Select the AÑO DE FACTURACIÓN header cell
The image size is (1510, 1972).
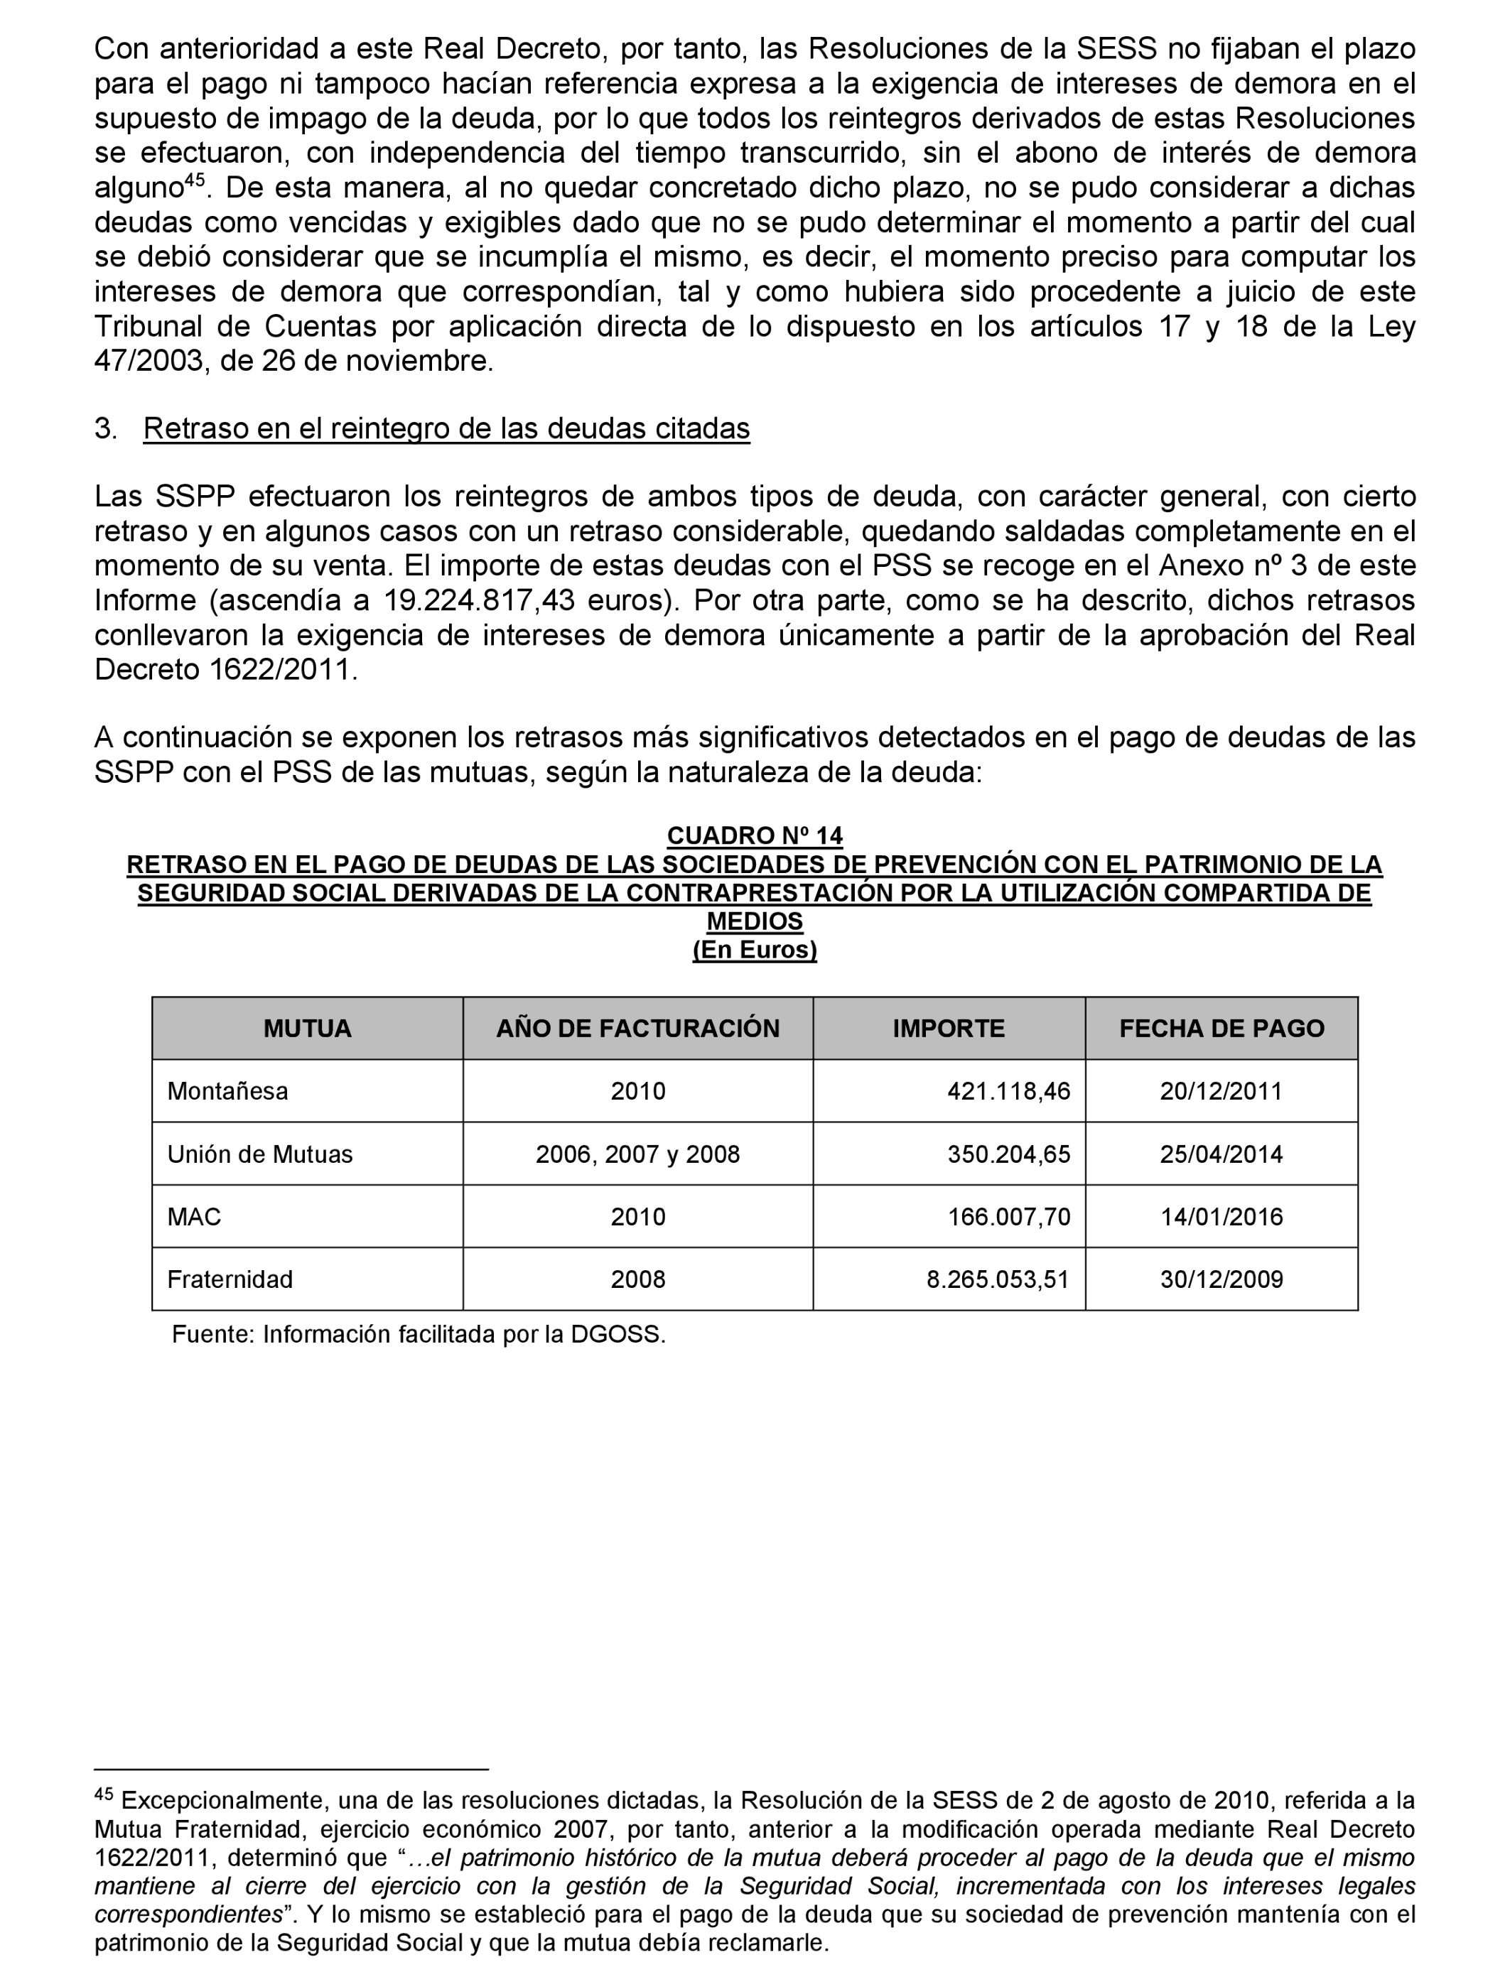[x=637, y=1028]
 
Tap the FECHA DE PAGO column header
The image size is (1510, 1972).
[x=1221, y=1028]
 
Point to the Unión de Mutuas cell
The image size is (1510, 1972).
[x=260, y=1154]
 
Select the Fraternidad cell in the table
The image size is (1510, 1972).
[x=230, y=1279]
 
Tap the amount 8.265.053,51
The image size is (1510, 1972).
[x=998, y=1279]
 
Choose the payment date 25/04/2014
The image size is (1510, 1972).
[x=1221, y=1154]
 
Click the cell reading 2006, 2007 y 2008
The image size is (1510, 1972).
[x=637, y=1154]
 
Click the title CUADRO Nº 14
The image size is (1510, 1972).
[x=754, y=835]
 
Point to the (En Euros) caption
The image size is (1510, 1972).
[x=754, y=950]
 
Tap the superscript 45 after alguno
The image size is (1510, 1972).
[x=195, y=181]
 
